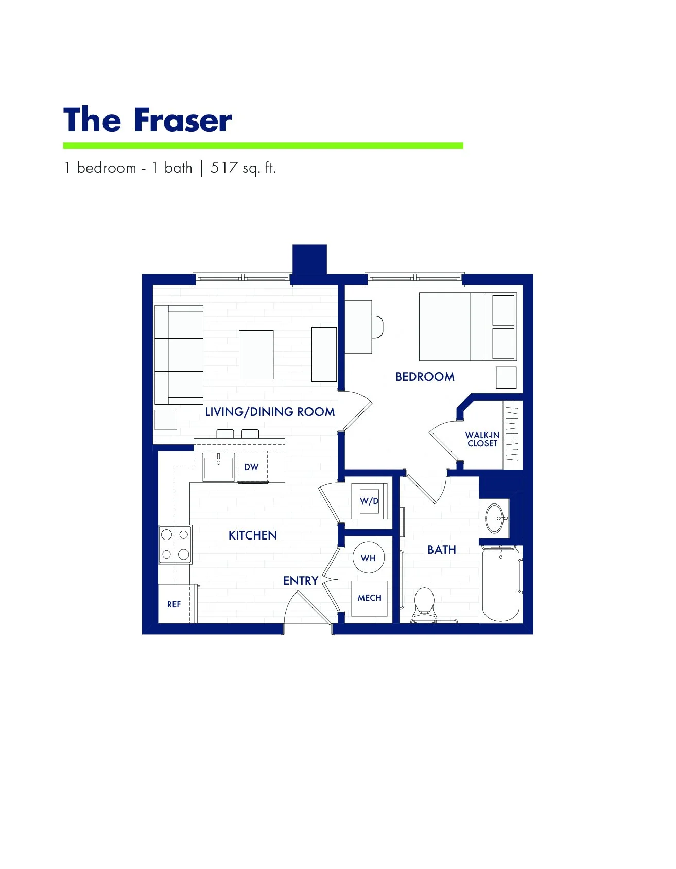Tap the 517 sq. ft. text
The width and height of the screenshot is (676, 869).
coord(243,168)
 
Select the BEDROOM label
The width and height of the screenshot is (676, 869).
coord(425,377)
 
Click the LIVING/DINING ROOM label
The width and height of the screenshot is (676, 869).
coord(270,412)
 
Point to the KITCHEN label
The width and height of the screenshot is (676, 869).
coord(252,535)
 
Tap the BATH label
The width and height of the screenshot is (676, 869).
coord(442,550)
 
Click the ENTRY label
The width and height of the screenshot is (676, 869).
coord(301,581)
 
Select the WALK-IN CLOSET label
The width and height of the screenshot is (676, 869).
coord(482,439)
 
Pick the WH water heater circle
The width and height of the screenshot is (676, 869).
coord(368,558)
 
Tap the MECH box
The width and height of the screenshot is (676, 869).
coord(369,598)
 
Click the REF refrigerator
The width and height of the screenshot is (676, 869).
coord(174,604)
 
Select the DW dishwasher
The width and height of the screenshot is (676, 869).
coord(252,467)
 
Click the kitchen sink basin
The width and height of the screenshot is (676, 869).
coord(218,467)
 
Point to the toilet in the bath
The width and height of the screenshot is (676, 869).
coord(425,602)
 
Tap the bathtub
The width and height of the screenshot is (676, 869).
coord(500,584)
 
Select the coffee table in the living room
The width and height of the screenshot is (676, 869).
coord(256,355)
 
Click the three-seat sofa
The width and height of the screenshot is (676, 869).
coord(180,355)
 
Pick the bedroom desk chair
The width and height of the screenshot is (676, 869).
coord(377,327)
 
